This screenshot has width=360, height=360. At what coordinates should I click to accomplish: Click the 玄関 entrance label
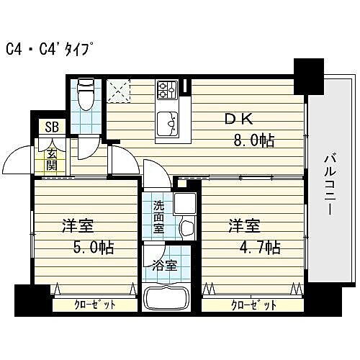53,158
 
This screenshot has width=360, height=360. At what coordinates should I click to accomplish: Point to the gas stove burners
167,89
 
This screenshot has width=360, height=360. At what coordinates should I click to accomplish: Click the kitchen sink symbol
169,125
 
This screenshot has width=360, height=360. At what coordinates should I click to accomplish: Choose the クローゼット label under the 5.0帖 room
95,305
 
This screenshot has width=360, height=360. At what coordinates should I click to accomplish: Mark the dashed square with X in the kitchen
117,91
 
